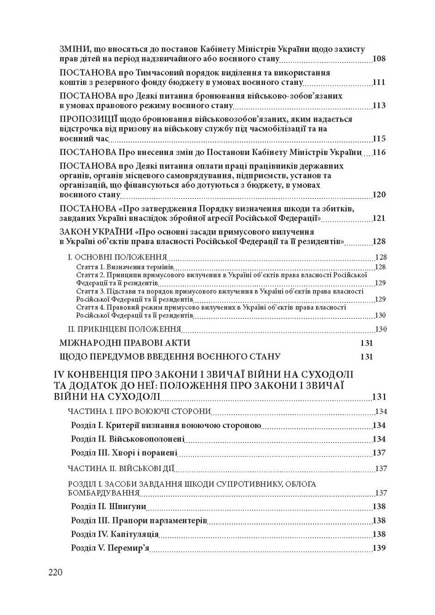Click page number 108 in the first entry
379,59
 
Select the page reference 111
379,82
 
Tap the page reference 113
379,106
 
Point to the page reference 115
379,138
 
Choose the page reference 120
379,195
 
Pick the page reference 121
379,218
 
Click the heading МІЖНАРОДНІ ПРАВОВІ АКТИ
126,343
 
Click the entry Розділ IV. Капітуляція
116,534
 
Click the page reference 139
379,548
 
